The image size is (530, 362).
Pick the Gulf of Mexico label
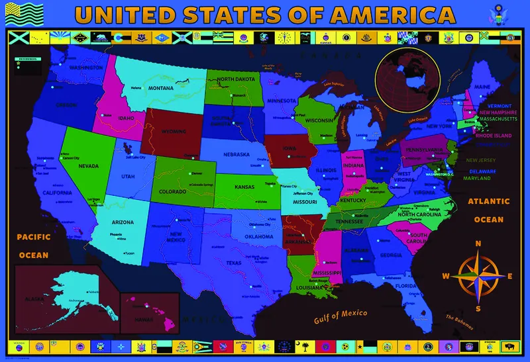[x=339, y=314]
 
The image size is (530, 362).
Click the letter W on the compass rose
[x=447, y=276]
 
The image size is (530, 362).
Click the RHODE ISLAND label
[x=489, y=136]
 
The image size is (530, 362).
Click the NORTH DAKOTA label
[x=236, y=79]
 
